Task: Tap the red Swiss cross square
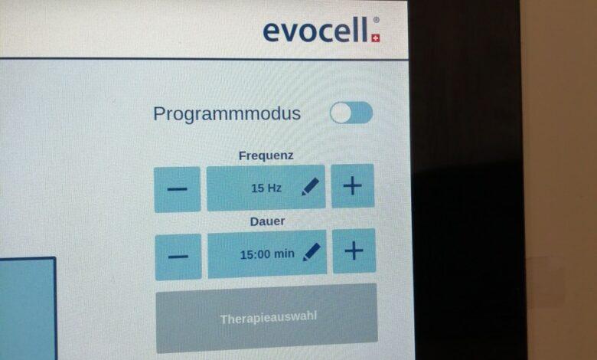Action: tap(376, 38)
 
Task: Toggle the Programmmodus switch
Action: tap(351, 113)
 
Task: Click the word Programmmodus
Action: tap(227, 114)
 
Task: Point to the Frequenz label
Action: tap(266, 155)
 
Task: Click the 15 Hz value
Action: tap(266, 188)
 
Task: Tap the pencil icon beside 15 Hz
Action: tap(310, 187)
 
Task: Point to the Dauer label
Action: tap(267, 221)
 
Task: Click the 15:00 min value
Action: tap(267, 254)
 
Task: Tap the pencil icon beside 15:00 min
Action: tap(312, 252)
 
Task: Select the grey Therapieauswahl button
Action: tap(267, 319)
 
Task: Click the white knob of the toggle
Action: tap(341, 113)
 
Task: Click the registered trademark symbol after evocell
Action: tap(376, 19)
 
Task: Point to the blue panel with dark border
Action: tap(28, 309)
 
